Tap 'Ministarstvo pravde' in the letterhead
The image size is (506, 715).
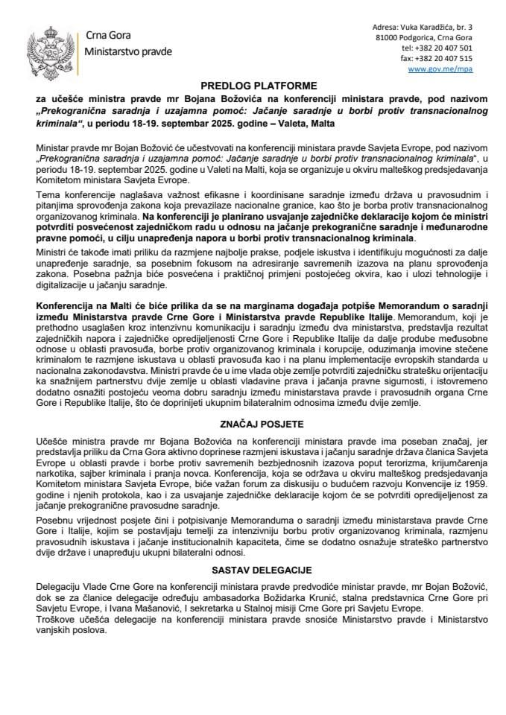click(128, 52)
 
